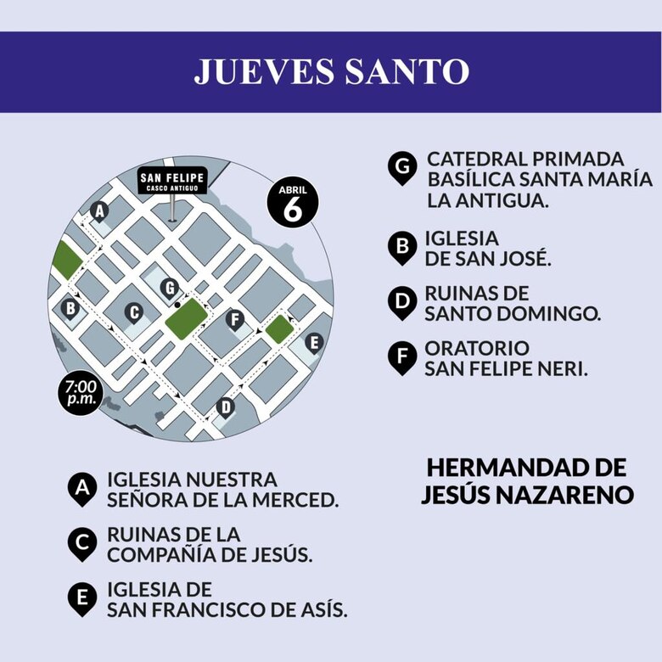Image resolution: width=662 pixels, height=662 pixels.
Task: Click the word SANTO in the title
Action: (x=407, y=71)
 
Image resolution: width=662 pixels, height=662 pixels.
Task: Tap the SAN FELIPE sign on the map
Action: (x=172, y=180)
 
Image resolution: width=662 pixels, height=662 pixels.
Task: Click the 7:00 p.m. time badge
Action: (x=81, y=394)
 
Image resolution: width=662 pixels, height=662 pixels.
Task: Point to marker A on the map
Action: (x=99, y=210)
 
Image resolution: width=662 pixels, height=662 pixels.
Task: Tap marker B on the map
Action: (x=70, y=307)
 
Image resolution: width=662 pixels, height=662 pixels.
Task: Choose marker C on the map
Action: (x=133, y=312)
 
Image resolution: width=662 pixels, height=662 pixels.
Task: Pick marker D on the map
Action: (x=225, y=407)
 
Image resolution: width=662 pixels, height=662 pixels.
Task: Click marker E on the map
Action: (x=313, y=343)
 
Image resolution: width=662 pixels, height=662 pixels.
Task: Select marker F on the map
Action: (x=237, y=319)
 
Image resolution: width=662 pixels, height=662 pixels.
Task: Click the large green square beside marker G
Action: (x=188, y=319)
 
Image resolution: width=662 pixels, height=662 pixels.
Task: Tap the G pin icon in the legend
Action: (x=401, y=167)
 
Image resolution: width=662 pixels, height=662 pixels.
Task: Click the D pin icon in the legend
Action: (x=401, y=302)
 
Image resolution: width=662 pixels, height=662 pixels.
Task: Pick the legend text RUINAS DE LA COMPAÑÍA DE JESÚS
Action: (x=209, y=545)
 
